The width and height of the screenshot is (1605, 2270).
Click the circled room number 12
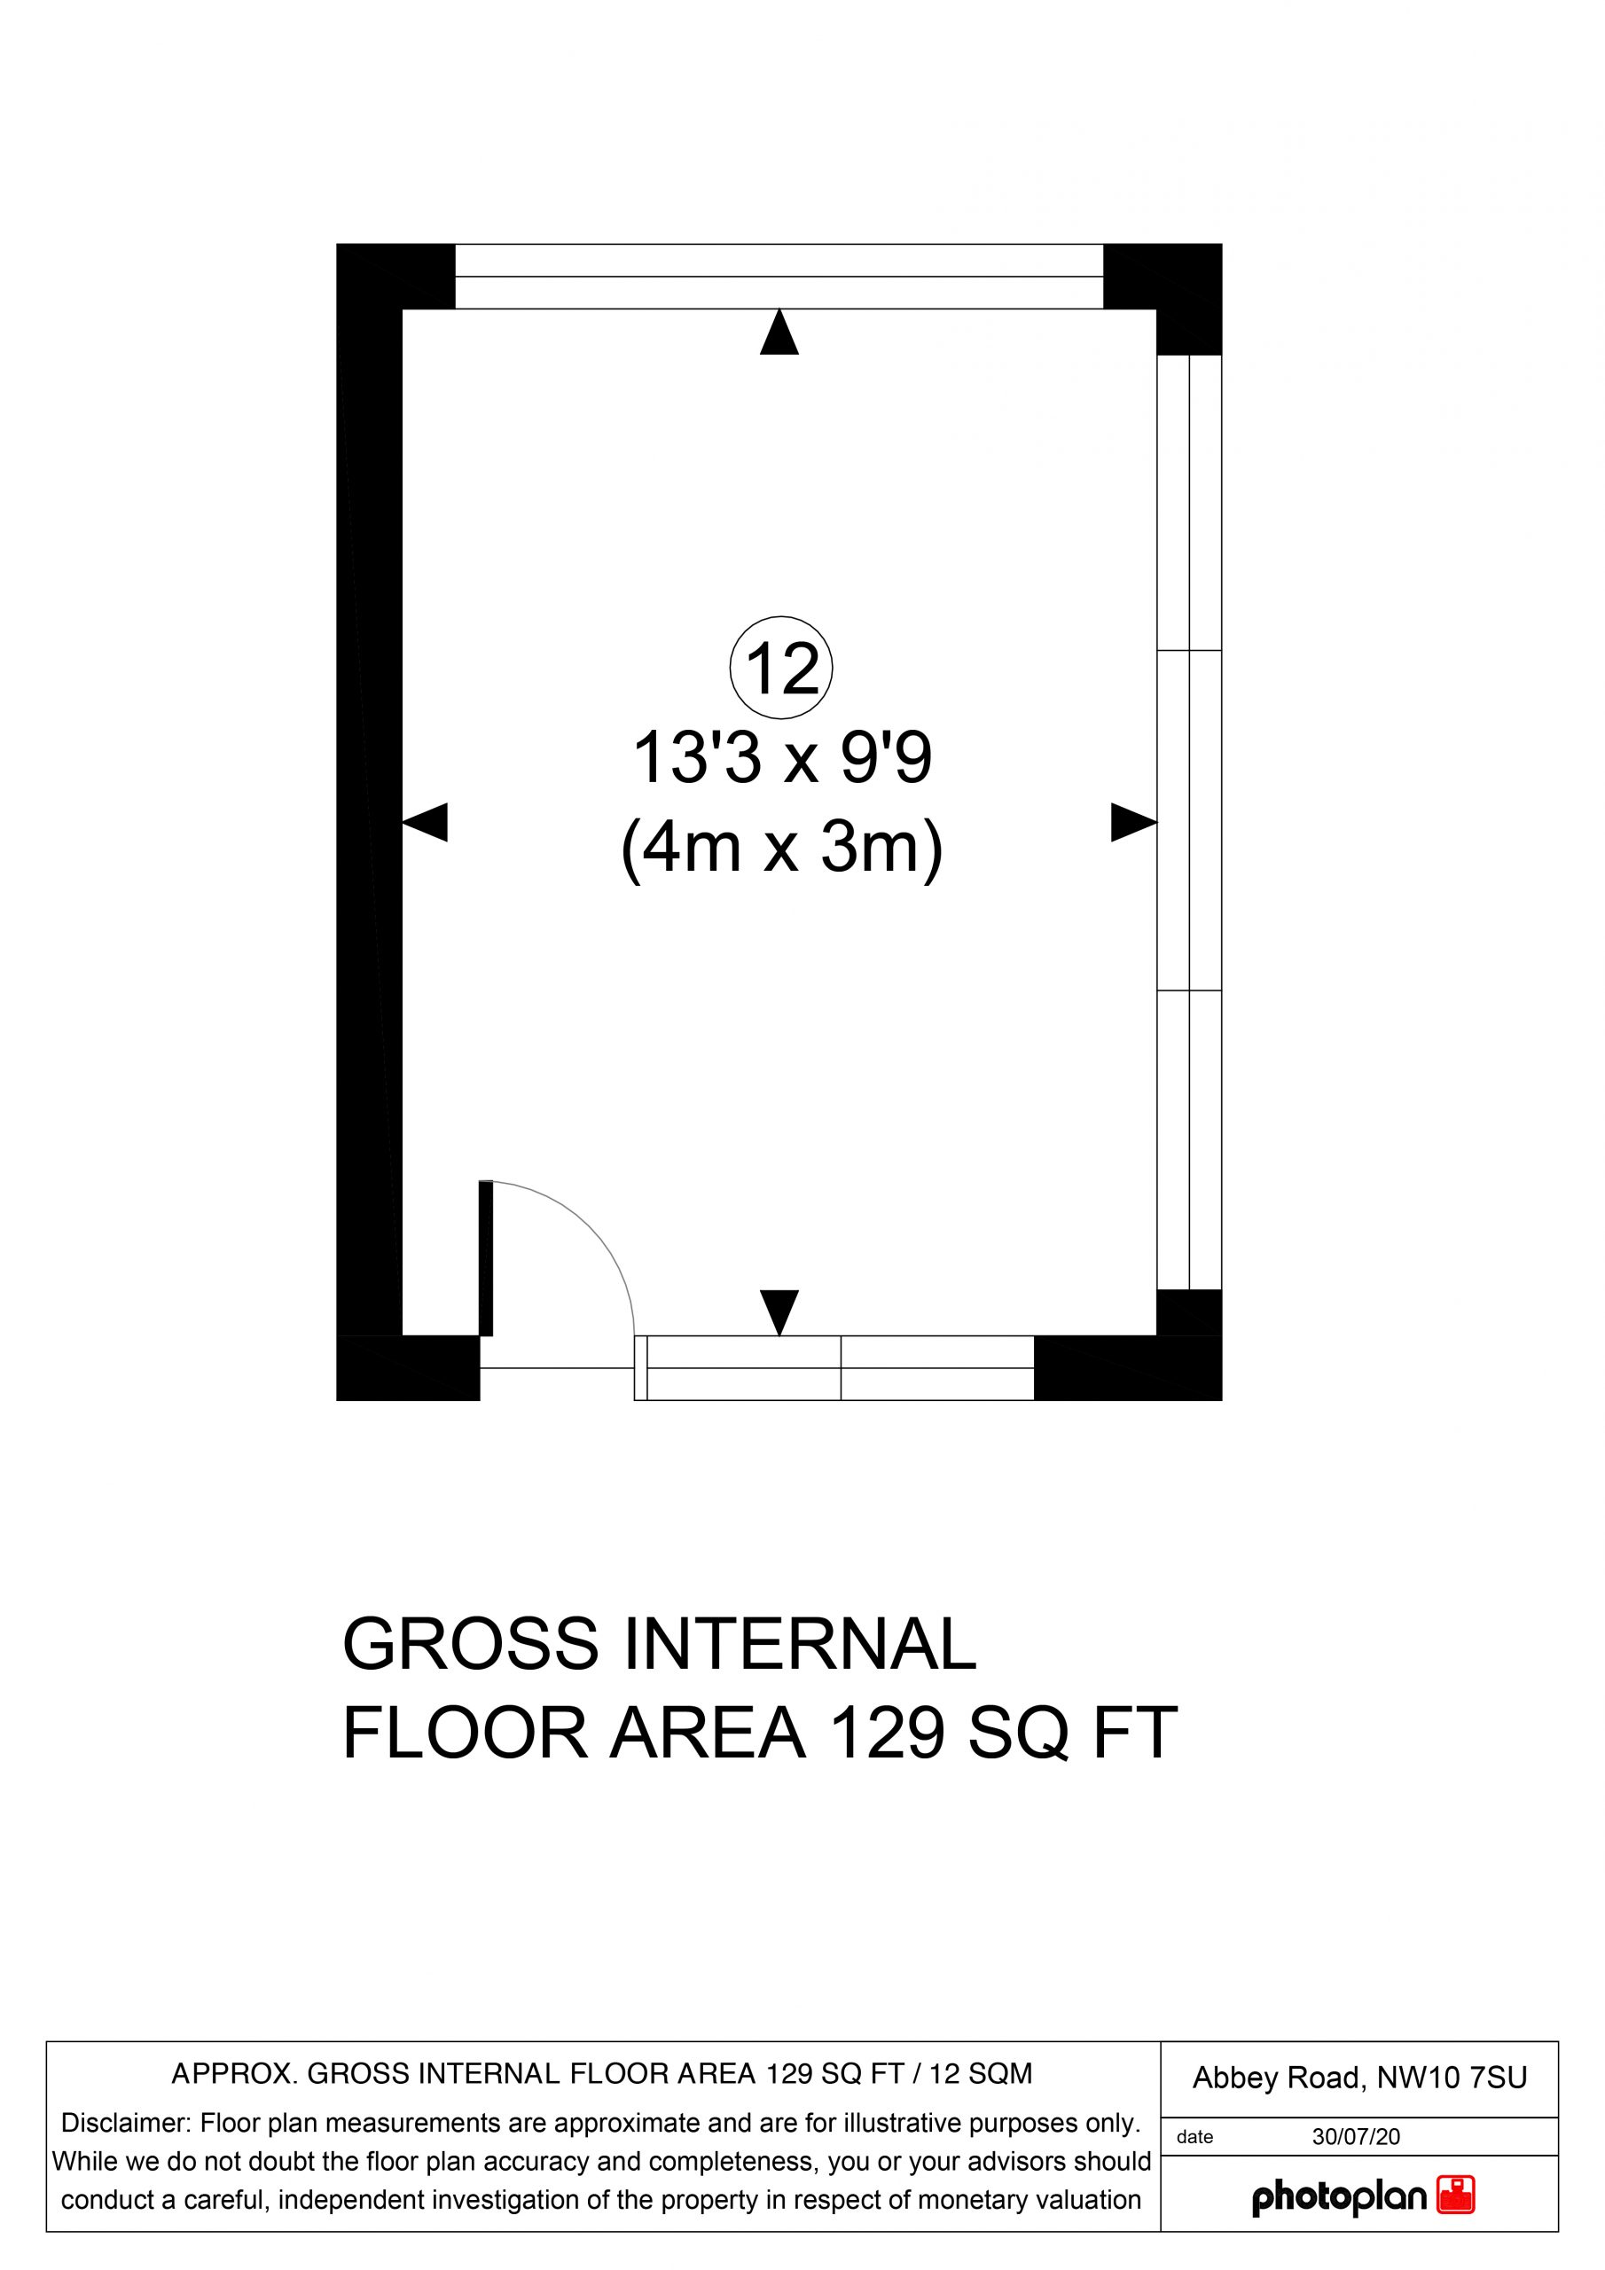[x=781, y=669]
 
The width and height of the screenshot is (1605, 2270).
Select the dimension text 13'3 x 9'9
[x=781, y=759]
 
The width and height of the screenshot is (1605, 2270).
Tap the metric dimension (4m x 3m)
[x=781, y=849]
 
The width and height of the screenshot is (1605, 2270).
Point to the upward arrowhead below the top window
[x=779, y=332]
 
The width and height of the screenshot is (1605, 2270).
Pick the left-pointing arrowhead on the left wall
[x=426, y=822]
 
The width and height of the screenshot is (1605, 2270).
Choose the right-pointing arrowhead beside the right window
[x=1134, y=822]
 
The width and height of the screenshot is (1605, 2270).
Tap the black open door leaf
[x=486, y=1257]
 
